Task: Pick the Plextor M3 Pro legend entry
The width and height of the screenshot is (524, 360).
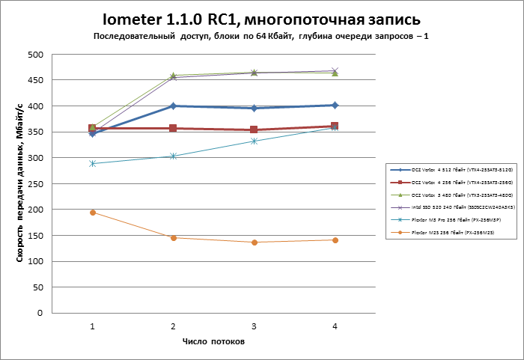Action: point(445,221)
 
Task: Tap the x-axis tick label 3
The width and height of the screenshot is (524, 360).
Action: point(254,326)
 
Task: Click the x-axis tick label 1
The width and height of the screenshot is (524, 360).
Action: point(92,326)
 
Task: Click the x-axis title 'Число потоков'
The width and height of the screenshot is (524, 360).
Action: point(213,341)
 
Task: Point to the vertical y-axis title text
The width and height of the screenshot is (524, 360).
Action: point(19,183)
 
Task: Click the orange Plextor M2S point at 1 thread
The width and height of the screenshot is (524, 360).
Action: point(92,213)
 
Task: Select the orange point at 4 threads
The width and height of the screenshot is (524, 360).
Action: point(335,240)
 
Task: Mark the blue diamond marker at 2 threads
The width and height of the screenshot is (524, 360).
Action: point(173,106)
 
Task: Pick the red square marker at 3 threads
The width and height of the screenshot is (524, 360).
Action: point(254,129)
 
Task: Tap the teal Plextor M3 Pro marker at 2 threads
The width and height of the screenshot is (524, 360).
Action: point(173,156)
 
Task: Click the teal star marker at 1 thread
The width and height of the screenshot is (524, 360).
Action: point(92,163)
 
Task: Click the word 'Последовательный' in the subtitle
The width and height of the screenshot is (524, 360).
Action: point(131,36)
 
